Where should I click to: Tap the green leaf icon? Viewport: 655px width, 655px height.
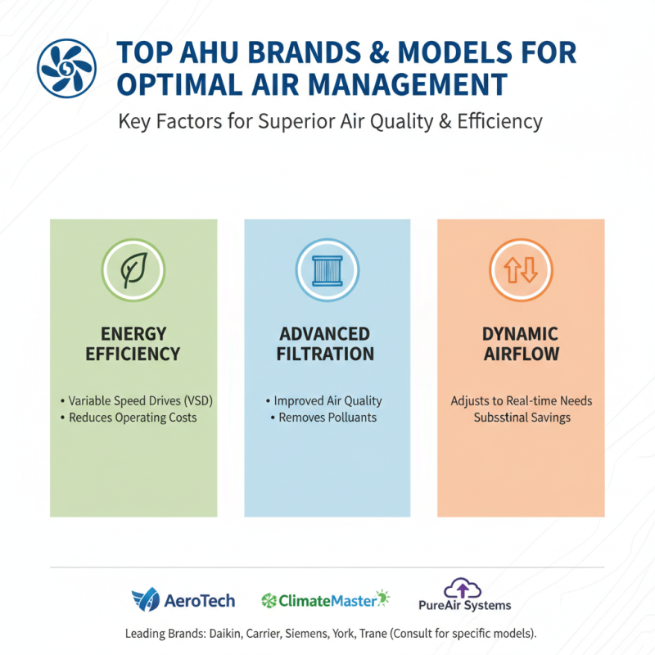tap(133, 269)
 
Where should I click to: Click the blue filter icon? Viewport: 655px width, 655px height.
tap(327, 269)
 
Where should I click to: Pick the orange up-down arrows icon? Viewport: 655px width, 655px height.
tap(521, 269)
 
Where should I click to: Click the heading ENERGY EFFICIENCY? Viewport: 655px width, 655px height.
tap(133, 344)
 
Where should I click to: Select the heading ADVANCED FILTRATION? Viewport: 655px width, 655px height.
tap(327, 344)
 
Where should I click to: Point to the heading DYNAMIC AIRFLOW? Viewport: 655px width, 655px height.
tap(521, 344)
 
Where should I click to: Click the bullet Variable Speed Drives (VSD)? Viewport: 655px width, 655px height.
tap(133, 401)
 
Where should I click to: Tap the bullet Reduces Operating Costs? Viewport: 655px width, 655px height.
tap(133, 418)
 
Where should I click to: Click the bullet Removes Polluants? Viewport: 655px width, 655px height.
tap(327, 418)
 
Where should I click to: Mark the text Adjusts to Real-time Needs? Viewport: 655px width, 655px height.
tap(521, 401)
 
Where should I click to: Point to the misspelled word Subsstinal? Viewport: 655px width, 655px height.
tap(499, 418)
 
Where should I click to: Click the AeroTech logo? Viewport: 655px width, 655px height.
tap(183, 601)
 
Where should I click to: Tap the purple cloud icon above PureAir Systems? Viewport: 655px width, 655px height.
tap(463, 589)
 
